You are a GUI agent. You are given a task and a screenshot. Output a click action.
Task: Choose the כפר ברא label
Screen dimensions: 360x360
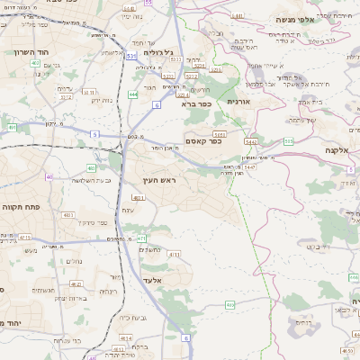click(x=194, y=103)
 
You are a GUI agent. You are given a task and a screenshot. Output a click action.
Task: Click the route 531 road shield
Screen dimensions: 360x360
click(x=131, y=56)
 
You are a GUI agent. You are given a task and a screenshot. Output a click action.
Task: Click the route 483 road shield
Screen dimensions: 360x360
click(x=91, y=167)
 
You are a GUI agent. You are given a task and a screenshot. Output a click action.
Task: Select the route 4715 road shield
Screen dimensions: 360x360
click(x=25, y=238)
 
